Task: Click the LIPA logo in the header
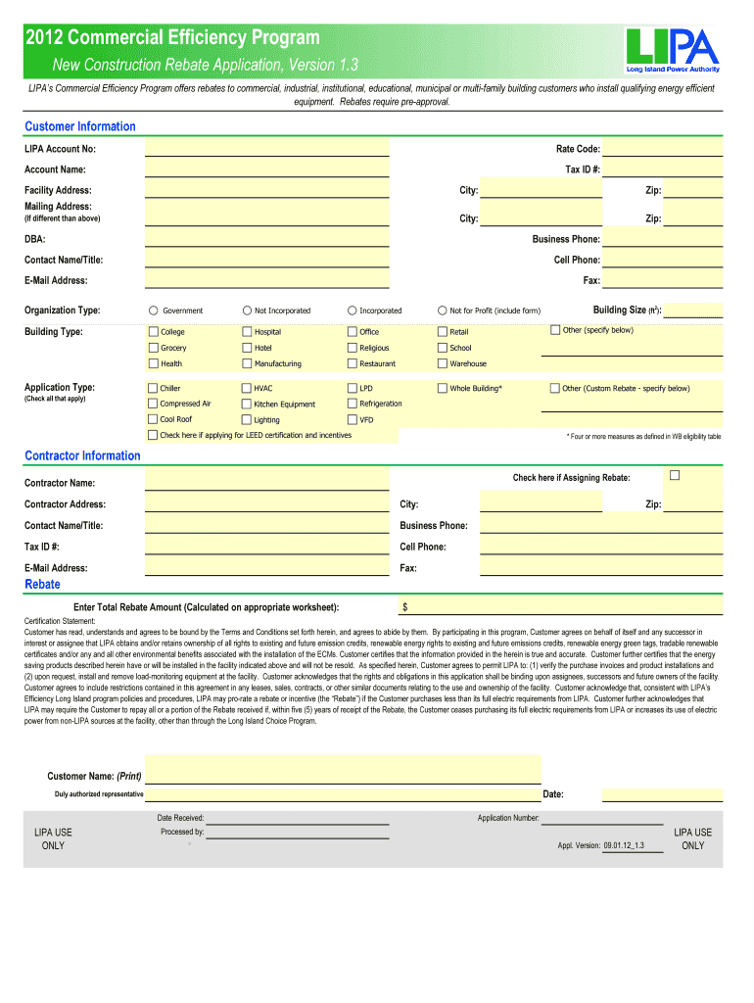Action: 674,50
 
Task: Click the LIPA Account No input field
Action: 266,148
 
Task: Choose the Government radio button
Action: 153,310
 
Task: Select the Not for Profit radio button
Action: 442,310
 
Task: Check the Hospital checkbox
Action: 247,332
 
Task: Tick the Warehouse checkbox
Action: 442,363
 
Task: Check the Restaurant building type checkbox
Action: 352,363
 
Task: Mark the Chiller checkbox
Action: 153,389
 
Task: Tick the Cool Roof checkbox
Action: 153,419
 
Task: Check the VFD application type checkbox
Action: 352,419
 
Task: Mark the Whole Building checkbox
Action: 442,389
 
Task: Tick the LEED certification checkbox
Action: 153,435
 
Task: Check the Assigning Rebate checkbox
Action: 674,476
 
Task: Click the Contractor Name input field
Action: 266,480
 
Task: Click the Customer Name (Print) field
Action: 343,770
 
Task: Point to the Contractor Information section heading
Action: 82,455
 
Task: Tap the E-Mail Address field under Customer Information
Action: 266,280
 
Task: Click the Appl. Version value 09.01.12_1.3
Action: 624,844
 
